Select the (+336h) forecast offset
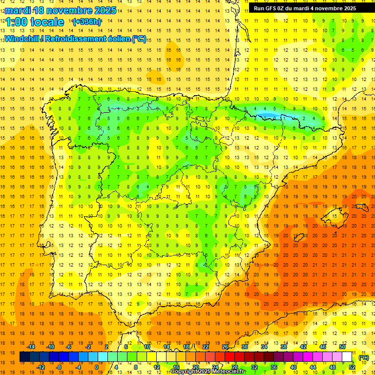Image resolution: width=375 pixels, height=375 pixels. point(86,21)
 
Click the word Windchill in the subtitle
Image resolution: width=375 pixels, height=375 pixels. point(22,39)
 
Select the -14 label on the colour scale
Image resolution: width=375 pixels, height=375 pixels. point(31,347)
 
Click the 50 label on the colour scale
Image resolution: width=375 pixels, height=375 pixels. point(342,347)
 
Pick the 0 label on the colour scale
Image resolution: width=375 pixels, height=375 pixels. point(96,367)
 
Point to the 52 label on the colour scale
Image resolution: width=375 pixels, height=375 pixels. point(352,367)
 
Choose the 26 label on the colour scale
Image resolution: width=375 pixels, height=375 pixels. point(225,347)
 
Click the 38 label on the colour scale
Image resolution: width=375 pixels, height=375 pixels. point(284,347)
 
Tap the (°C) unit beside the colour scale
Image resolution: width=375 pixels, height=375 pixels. point(363,357)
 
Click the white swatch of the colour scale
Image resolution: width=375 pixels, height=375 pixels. point(347,357)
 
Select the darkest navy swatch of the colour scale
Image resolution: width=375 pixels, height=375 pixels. point(24,357)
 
